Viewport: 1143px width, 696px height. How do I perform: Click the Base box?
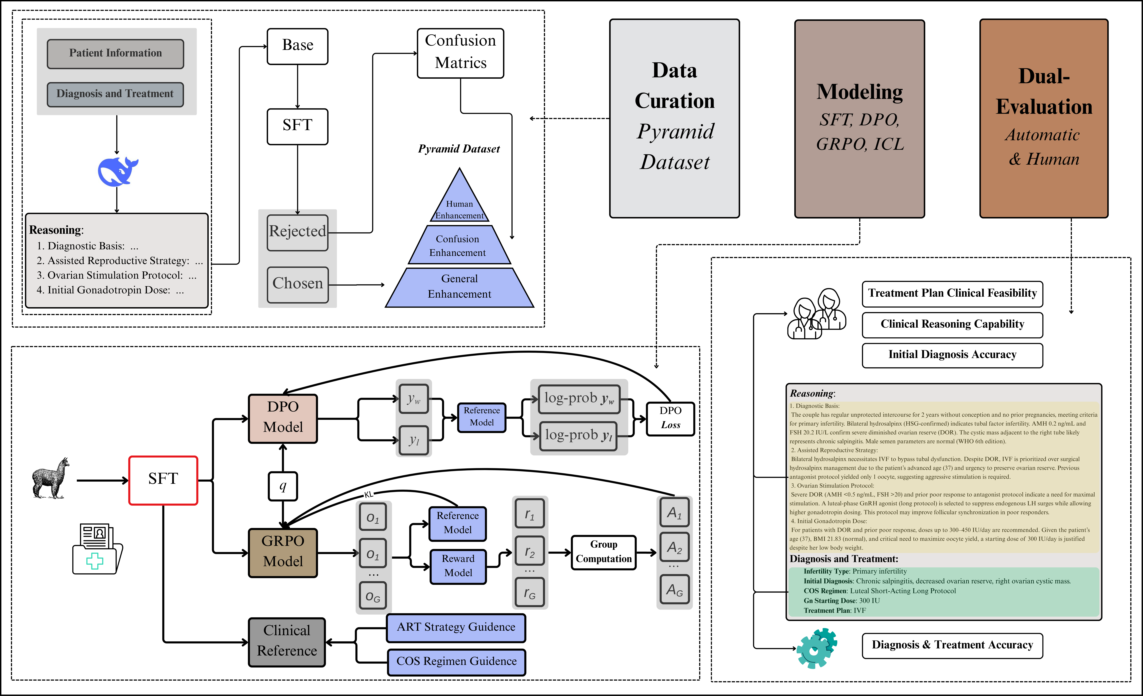tap(297, 46)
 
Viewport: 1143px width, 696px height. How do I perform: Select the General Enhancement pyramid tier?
tap(459, 288)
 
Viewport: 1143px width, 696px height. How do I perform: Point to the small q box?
tap(283, 486)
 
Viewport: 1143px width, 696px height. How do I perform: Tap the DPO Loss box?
tap(670, 418)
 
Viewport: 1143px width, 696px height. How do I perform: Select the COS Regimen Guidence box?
tap(456, 662)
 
